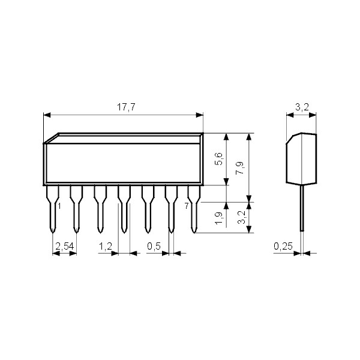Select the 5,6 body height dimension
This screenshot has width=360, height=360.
coord(220,159)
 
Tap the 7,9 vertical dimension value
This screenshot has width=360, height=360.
coord(240,167)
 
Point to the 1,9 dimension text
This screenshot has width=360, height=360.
coord(220,217)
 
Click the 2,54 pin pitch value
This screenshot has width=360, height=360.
coord(64,246)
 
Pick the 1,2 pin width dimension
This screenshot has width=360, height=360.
coord(106,246)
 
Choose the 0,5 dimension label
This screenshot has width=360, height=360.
coord(155,246)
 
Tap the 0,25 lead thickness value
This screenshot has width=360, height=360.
coord(283,246)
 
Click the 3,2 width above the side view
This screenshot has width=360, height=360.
coord(302,108)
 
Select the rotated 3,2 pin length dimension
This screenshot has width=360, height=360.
coord(240,217)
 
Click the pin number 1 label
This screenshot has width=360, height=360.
coord(59,206)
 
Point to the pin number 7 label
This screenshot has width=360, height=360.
coord(187,206)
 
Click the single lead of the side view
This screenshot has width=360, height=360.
coord(302,210)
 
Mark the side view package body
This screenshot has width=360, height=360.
coord(302,159)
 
